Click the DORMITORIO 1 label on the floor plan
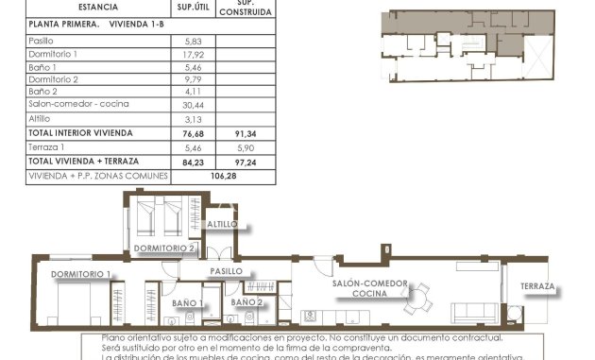tap(81, 274)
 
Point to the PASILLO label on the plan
tap(227, 271)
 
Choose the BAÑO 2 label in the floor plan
tap(246, 302)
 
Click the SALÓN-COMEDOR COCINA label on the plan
tap(369, 288)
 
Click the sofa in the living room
tap(475, 314)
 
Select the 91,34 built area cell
tap(245, 133)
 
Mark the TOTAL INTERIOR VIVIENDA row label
tap(80, 133)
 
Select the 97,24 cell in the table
tap(245, 162)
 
